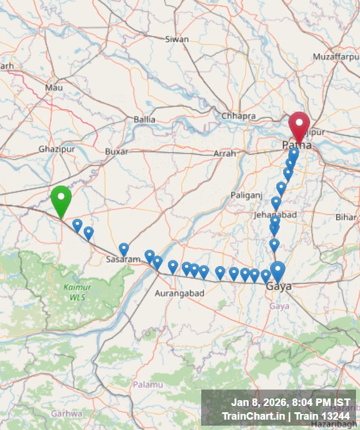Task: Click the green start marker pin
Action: (61, 199)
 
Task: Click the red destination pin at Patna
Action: (299, 125)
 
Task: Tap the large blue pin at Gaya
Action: (277, 271)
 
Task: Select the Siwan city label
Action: (177, 40)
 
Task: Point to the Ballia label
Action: (144, 119)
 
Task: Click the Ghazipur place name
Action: (57, 149)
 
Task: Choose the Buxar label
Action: (116, 151)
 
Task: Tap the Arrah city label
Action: (224, 154)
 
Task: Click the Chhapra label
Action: (238, 116)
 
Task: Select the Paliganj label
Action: (246, 195)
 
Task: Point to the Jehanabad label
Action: (275, 214)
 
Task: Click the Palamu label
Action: (147, 384)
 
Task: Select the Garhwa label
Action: (66, 413)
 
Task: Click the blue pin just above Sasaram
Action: (124, 249)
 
